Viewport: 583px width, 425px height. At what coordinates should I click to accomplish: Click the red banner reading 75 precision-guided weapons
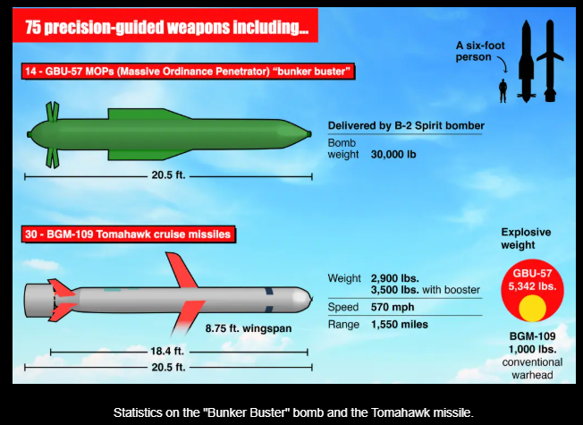click(165, 25)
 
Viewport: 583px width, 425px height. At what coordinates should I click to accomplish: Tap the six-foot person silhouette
click(503, 90)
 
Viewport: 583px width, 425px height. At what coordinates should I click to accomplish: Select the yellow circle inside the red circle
click(532, 308)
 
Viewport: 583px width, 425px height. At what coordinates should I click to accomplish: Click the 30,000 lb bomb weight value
click(393, 155)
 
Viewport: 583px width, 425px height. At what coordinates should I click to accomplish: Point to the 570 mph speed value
click(393, 307)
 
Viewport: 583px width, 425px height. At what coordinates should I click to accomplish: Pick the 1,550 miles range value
click(400, 325)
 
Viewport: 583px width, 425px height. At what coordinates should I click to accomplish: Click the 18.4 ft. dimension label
click(167, 351)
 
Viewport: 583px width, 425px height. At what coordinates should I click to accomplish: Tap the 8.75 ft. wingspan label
click(249, 328)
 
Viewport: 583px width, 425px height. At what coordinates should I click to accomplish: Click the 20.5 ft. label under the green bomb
click(168, 174)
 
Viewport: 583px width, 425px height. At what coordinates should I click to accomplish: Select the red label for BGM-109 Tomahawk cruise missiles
click(128, 234)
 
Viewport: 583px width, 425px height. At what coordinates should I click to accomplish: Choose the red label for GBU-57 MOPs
click(188, 71)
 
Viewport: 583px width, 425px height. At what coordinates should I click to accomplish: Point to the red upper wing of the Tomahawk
click(182, 269)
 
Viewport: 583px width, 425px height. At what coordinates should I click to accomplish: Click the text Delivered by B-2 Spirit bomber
click(406, 126)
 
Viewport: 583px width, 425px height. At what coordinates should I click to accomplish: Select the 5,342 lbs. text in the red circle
click(532, 286)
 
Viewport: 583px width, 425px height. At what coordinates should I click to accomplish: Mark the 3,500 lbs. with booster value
click(426, 290)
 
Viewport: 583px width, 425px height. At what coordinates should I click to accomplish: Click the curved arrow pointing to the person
click(503, 64)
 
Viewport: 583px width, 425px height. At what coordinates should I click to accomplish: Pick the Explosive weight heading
click(526, 239)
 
